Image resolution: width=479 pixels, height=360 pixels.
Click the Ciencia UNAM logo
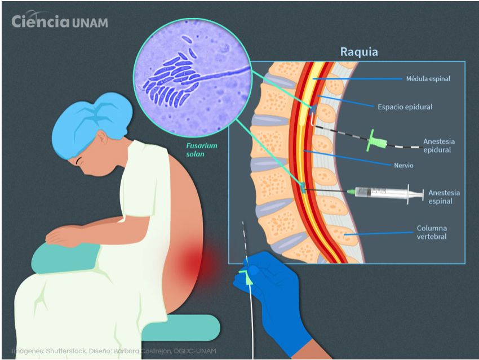(60, 22)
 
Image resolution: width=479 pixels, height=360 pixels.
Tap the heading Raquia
(358, 52)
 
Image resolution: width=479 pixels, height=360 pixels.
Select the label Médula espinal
(428, 79)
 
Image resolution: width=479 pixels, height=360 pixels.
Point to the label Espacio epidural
(405, 106)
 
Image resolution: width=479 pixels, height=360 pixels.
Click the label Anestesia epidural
(438, 145)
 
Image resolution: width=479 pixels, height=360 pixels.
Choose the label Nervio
(403, 166)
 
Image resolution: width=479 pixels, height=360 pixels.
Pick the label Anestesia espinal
(443, 197)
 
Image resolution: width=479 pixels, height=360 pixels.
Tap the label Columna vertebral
(432, 233)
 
